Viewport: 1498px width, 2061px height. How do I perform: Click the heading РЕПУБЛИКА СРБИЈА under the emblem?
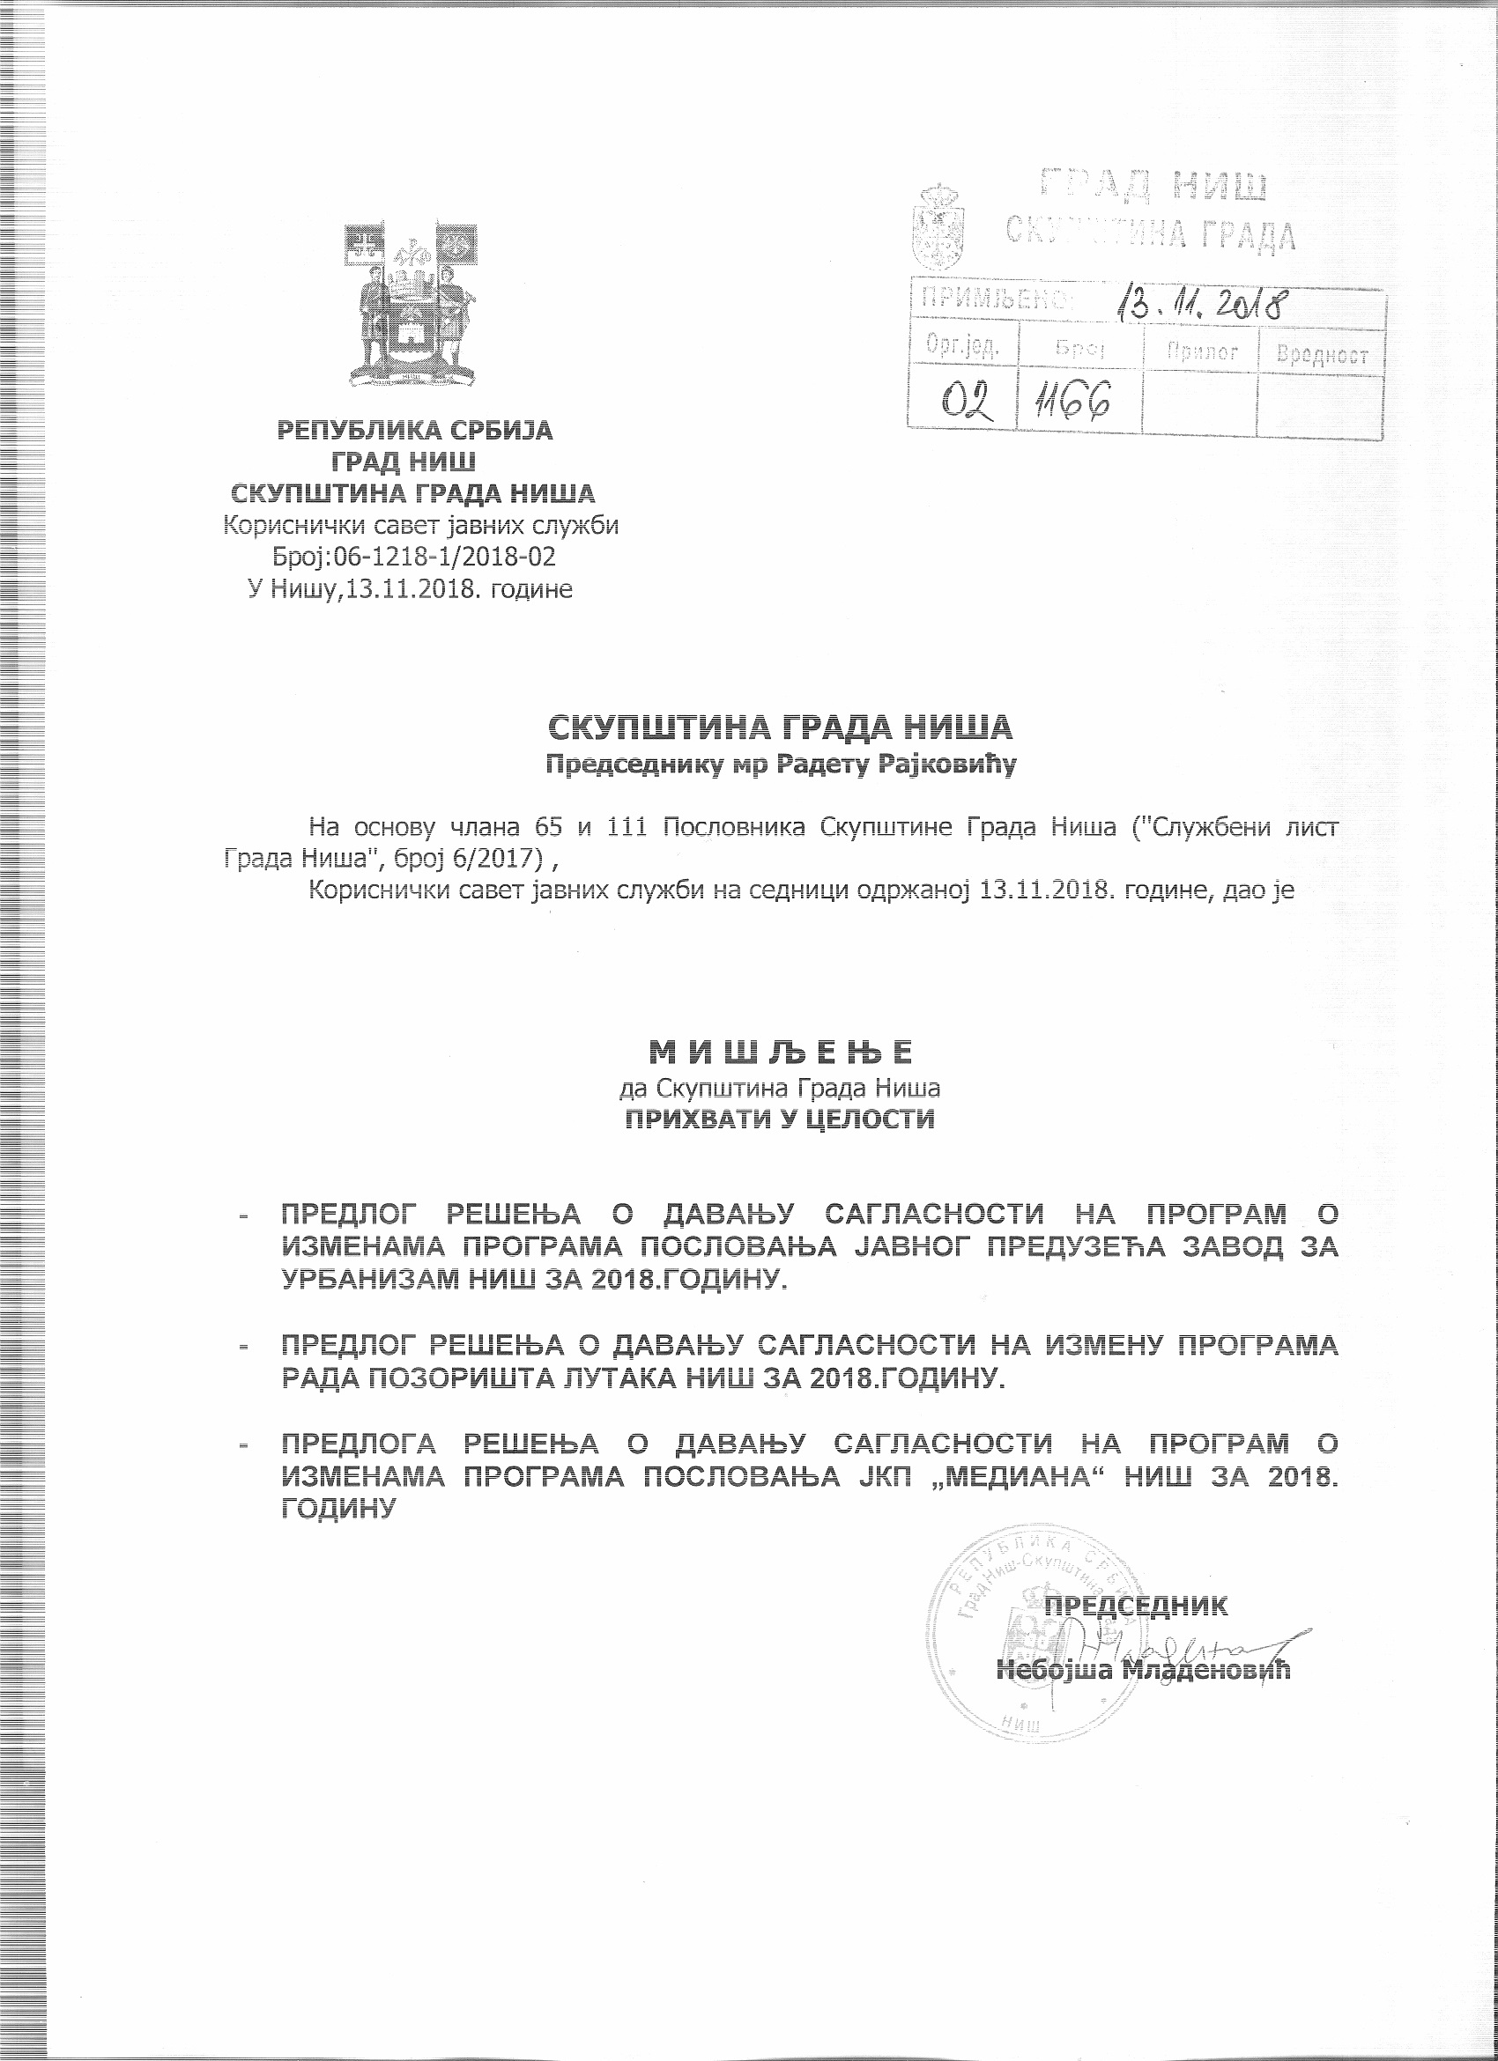[414, 430]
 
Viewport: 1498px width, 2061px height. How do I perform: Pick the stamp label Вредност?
[1322, 354]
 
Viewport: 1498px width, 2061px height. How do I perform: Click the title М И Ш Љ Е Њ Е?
[779, 1053]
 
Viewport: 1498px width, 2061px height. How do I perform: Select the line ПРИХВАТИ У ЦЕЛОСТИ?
[779, 1119]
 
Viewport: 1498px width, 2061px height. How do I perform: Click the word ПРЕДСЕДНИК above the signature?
[1136, 1605]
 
